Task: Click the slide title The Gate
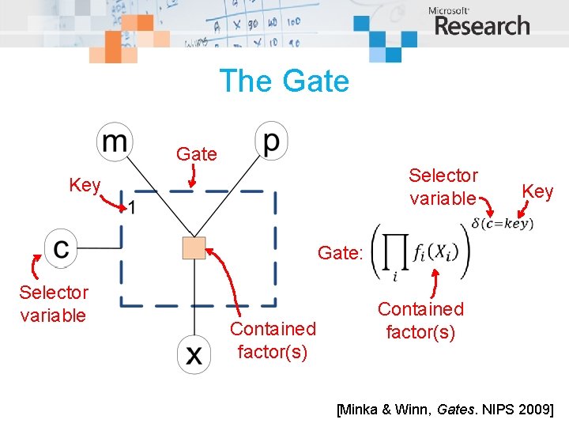click(x=284, y=81)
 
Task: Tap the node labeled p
click(x=271, y=141)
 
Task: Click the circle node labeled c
click(x=61, y=248)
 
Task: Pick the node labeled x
click(x=194, y=355)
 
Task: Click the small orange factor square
click(x=194, y=248)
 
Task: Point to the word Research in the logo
click(x=482, y=26)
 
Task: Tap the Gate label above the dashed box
click(x=197, y=154)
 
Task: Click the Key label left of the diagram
click(x=85, y=185)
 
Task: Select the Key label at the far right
click(x=538, y=191)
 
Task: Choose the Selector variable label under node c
click(x=54, y=304)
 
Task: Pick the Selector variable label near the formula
click(x=443, y=187)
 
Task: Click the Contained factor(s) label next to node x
click(x=273, y=340)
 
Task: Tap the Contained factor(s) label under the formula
click(x=420, y=320)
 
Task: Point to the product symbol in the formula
click(x=396, y=251)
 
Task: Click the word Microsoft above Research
click(x=449, y=10)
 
